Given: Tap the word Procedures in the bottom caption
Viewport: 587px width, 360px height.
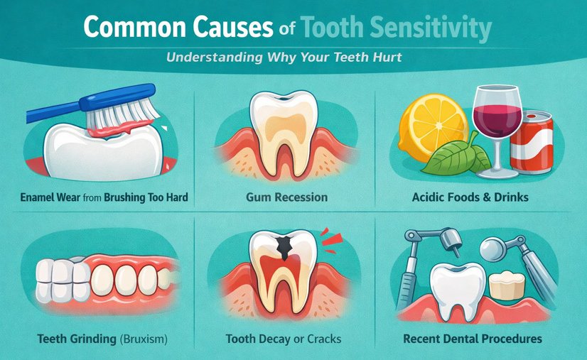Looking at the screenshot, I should (509, 339).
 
